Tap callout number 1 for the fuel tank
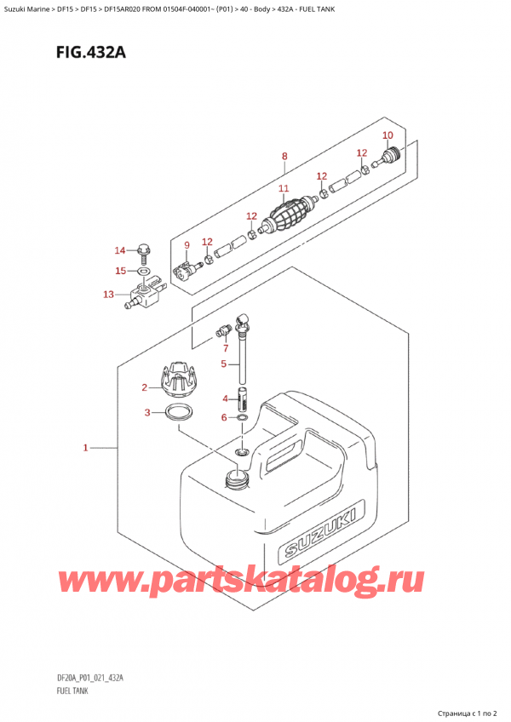(x=87, y=446)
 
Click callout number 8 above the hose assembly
(x=284, y=156)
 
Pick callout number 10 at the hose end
(x=388, y=135)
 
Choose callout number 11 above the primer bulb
(x=284, y=188)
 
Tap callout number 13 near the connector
(x=108, y=295)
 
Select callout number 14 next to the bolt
(x=120, y=250)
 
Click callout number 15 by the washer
(x=120, y=271)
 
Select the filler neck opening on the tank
(x=234, y=478)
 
